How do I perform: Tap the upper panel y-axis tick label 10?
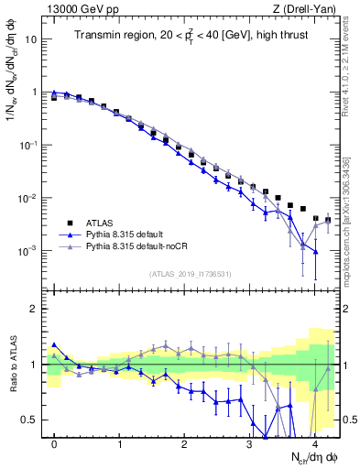[x=32, y=40]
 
